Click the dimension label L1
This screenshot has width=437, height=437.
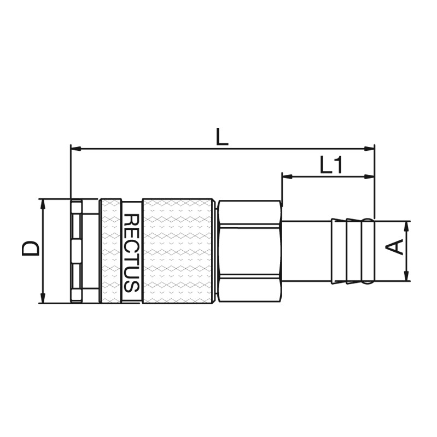click(331, 166)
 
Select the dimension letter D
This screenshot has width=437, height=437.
click(30, 249)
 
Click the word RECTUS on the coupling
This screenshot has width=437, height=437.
click(131, 253)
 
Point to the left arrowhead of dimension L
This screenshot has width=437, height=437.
click(76, 149)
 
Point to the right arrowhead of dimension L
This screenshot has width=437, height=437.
click(369, 149)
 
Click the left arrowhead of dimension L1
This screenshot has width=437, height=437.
click(288, 176)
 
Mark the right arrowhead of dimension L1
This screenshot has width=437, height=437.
click(369, 176)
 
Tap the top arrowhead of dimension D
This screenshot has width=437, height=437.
click(43, 204)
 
